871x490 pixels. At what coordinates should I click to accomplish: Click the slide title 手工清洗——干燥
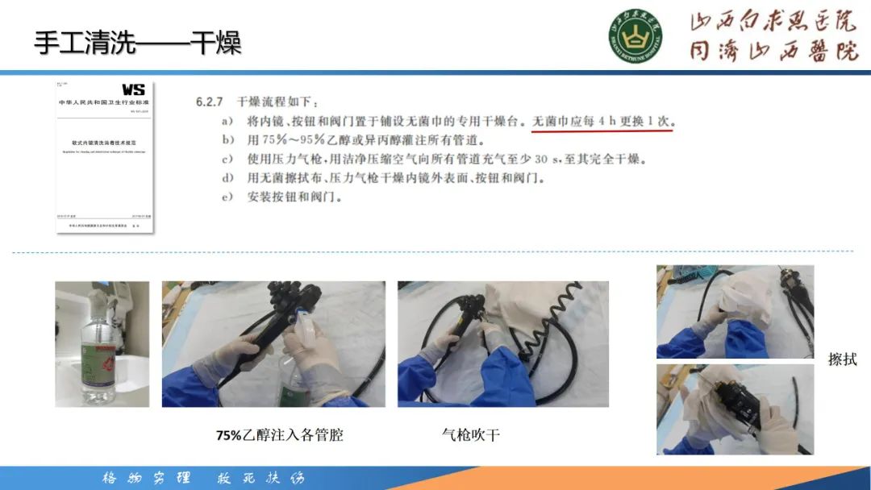138,42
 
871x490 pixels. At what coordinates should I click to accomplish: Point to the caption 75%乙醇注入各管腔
279,435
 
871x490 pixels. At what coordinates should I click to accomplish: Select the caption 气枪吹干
471,435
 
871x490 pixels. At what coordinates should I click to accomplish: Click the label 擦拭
842,359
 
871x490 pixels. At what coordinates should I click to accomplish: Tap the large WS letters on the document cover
133,90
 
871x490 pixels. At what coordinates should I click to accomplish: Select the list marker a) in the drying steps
228,122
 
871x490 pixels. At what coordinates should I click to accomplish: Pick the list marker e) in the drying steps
228,197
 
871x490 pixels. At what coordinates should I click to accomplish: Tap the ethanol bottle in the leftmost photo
100,351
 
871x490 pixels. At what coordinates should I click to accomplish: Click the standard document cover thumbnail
105,157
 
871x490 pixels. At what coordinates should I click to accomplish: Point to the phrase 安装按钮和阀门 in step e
286,197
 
